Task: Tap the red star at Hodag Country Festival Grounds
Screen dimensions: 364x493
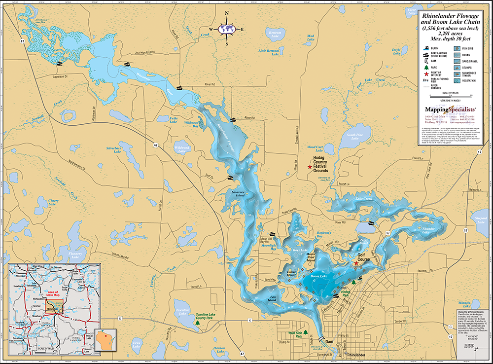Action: click(310, 168)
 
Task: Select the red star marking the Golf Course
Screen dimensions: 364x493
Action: click(356, 263)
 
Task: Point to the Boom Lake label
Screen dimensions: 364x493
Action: click(319, 276)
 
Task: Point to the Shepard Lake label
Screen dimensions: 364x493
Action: click(480, 219)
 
